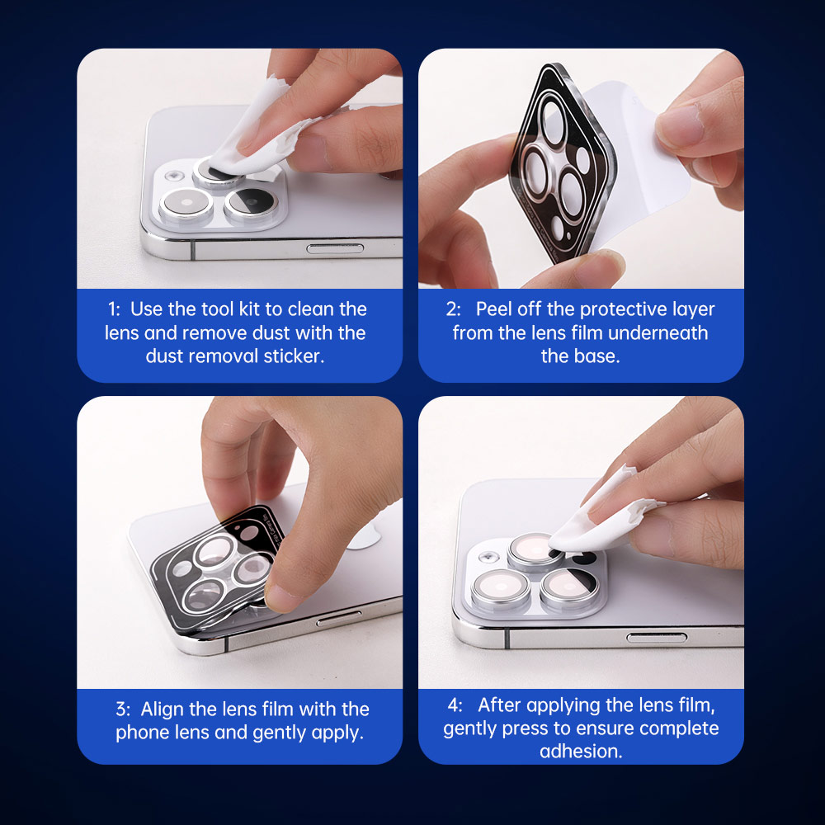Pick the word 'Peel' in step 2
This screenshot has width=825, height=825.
click(x=493, y=309)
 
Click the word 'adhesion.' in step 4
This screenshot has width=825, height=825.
click(x=581, y=751)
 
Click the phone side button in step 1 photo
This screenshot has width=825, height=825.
click(x=335, y=248)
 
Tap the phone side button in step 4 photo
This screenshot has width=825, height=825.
click(x=656, y=638)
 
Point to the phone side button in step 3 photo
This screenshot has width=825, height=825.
click(x=339, y=619)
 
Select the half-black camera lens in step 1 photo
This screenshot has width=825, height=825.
click(x=251, y=203)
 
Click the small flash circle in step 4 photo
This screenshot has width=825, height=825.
click(x=488, y=557)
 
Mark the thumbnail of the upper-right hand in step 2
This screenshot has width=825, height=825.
click(x=680, y=126)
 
